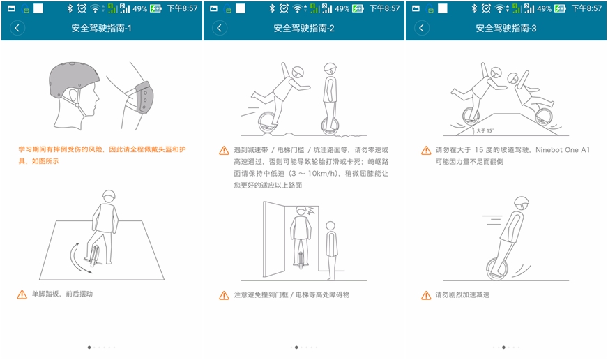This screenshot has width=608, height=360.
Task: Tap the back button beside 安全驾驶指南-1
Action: [17, 28]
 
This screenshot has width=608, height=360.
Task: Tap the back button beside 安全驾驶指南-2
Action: [220, 28]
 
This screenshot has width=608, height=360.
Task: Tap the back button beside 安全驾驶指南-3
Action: [422, 28]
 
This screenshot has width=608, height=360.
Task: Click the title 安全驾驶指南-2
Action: [303, 29]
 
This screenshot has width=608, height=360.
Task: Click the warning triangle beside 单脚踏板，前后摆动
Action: [22, 294]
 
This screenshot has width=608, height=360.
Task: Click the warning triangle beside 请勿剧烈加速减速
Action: [426, 295]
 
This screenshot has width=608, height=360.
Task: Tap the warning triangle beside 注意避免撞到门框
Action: [224, 295]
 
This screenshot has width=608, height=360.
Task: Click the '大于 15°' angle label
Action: [485, 130]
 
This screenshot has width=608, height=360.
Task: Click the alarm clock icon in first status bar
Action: [82, 8]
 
